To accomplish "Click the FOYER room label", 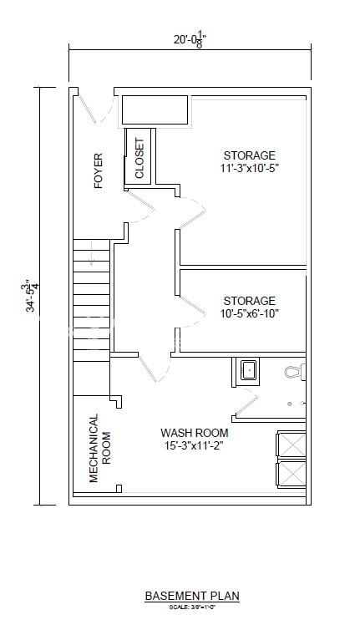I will click(x=98, y=170).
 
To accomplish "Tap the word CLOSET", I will click(x=139, y=159).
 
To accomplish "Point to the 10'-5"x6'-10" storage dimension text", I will click(x=249, y=313).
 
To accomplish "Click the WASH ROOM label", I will click(x=195, y=434).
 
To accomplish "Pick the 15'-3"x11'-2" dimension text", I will click(x=195, y=446).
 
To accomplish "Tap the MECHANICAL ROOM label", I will click(x=99, y=448).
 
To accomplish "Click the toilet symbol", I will click(x=294, y=370).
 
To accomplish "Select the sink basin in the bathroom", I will click(x=249, y=371).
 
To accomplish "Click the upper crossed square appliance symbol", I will click(x=292, y=445).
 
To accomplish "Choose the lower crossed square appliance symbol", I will click(x=292, y=475).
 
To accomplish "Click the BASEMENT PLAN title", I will click(x=192, y=596).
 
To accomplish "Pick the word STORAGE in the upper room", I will click(x=249, y=156).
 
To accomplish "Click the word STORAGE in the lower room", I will click(x=249, y=301).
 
